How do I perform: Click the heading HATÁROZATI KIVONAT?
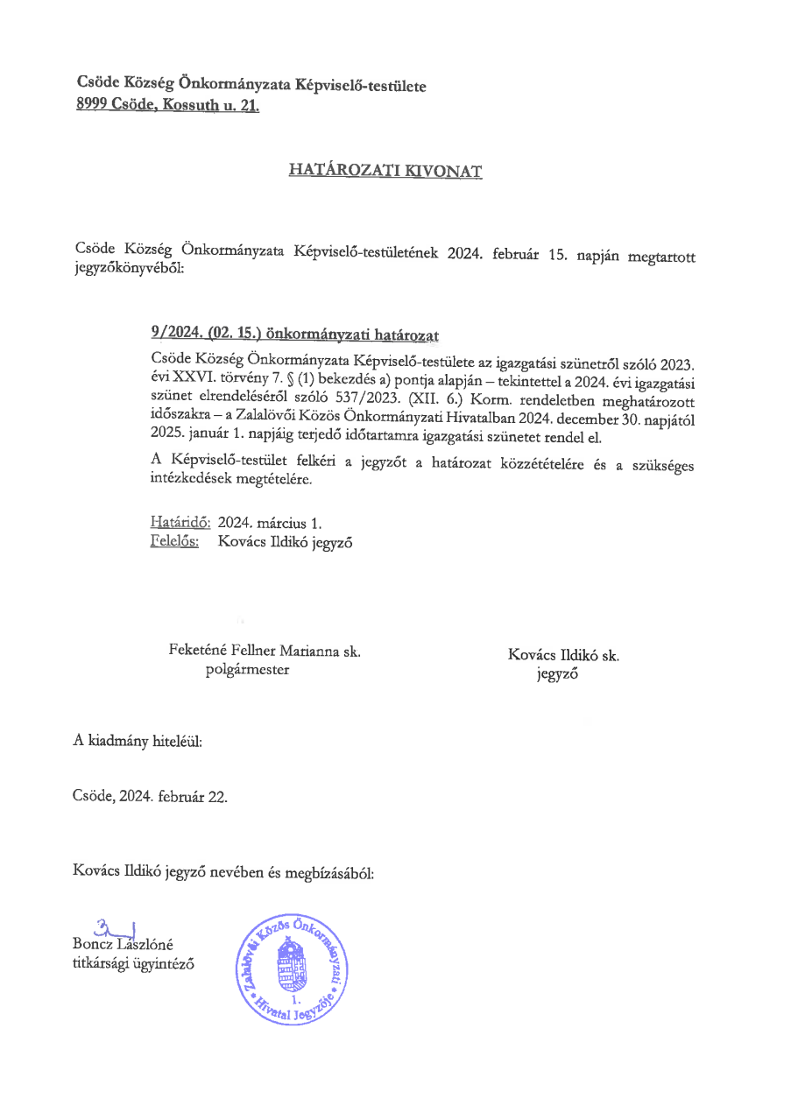pyautogui.click(x=385, y=172)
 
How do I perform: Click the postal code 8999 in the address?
pyautogui.click(x=92, y=106)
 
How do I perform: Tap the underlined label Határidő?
pyautogui.click(x=180, y=523)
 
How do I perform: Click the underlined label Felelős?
pyautogui.click(x=174, y=541)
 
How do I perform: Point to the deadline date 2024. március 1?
pyautogui.click(x=270, y=523)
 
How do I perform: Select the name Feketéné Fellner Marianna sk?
pyautogui.click(x=265, y=651)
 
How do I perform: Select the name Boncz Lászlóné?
pyautogui.click(x=124, y=944)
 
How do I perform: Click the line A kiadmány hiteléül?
pyautogui.click(x=138, y=741)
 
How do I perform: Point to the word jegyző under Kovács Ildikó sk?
pyautogui.click(x=557, y=674)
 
